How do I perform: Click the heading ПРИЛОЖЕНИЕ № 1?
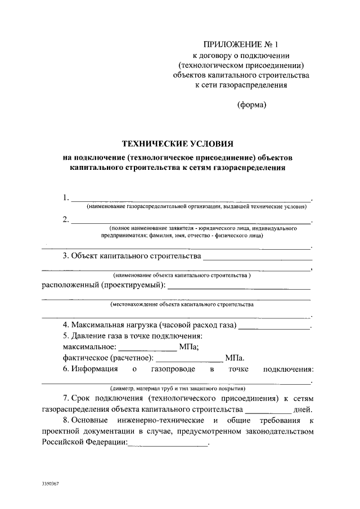click(241, 44)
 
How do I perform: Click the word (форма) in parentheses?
click(251, 104)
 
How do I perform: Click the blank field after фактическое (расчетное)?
click(188, 359)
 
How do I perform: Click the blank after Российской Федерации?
click(168, 443)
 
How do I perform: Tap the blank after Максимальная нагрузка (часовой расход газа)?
click(274, 327)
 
